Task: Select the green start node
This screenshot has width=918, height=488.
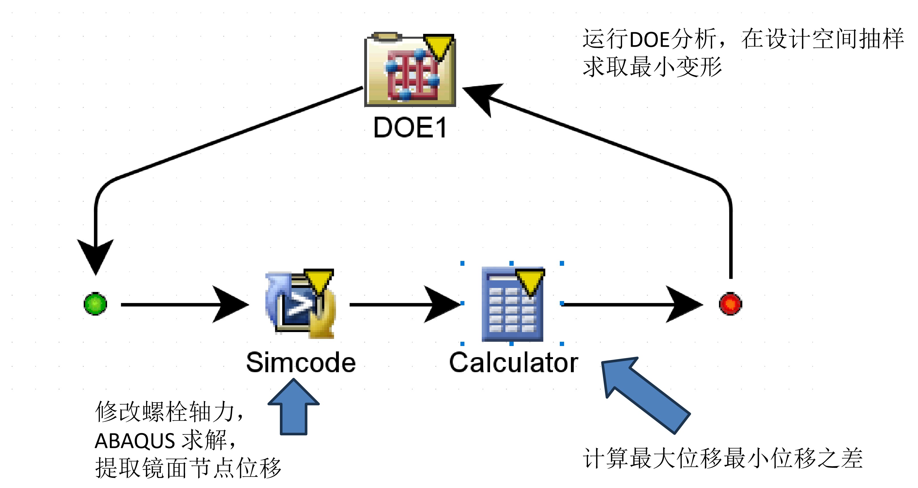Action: [x=95, y=304]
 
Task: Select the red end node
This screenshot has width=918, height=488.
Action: [x=730, y=304]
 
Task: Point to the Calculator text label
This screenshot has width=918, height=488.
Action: [x=513, y=363]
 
